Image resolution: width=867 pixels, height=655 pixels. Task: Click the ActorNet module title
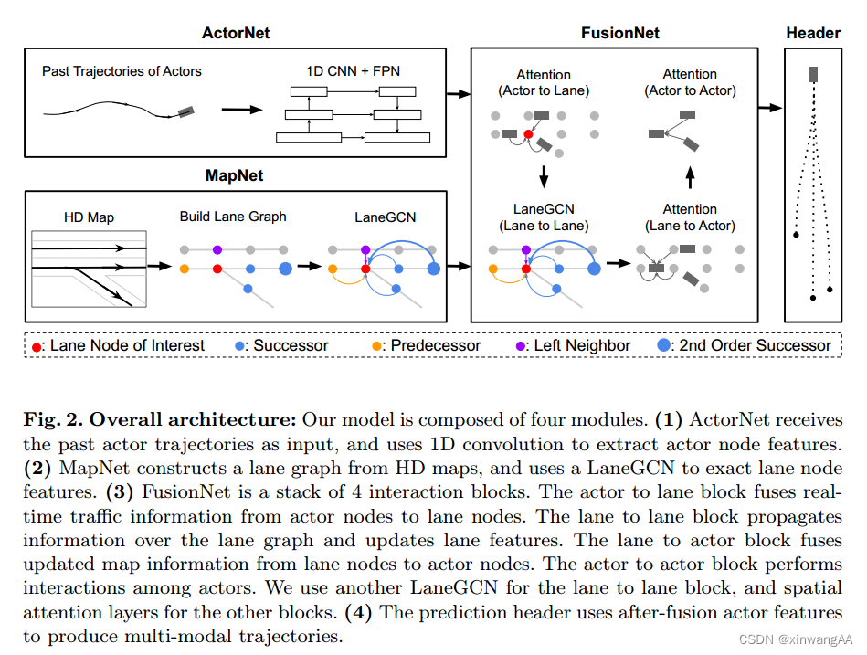(x=235, y=34)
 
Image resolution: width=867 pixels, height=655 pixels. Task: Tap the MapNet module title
(x=235, y=174)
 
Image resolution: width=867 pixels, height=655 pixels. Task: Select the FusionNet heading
(x=619, y=34)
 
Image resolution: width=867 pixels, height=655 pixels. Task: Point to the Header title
(x=812, y=34)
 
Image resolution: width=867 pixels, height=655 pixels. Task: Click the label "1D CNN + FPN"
(x=352, y=71)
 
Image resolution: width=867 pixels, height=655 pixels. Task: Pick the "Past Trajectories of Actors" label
(x=122, y=71)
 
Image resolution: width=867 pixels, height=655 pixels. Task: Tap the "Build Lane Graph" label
(x=233, y=217)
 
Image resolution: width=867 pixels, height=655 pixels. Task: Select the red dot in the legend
(x=37, y=346)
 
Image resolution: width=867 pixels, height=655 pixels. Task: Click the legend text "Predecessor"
(x=430, y=346)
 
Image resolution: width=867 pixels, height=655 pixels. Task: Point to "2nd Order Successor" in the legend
(x=755, y=346)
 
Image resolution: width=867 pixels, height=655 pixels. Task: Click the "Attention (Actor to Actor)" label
(x=690, y=82)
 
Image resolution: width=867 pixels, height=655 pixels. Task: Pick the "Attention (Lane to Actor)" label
(x=690, y=217)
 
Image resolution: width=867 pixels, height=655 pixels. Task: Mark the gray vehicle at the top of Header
(x=813, y=74)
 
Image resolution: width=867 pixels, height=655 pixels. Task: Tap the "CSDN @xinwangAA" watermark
(x=795, y=640)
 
